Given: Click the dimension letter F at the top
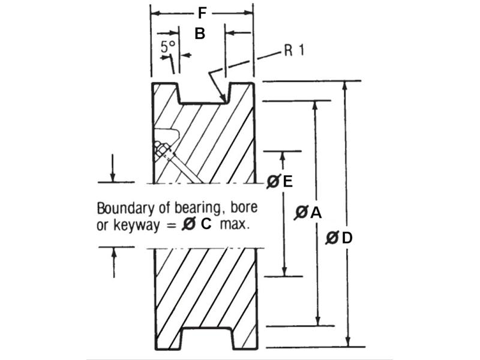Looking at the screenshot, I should [x=202, y=13].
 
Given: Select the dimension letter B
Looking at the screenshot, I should [x=200, y=34].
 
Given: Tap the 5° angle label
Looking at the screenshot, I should [x=169, y=47].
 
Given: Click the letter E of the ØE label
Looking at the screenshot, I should [x=287, y=181].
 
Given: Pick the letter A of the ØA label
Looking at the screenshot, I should [x=316, y=212].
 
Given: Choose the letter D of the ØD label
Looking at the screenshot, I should [x=347, y=238].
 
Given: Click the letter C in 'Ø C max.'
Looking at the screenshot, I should [x=206, y=224].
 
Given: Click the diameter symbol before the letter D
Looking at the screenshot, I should [x=332, y=238].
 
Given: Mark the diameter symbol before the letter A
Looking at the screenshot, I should [x=301, y=212].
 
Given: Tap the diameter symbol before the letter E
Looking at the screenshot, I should [x=274, y=181].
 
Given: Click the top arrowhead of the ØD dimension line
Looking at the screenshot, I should [x=346, y=85].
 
